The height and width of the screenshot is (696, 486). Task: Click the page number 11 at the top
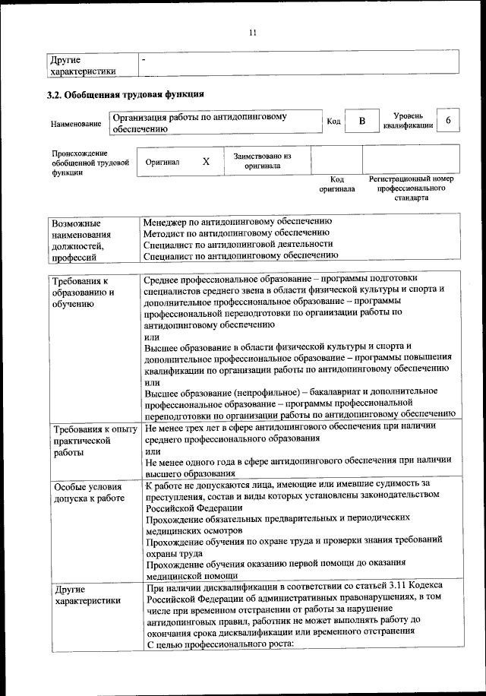(x=253, y=32)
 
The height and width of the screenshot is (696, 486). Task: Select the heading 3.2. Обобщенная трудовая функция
(x=125, y=95)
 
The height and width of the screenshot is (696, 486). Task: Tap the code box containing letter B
(x=362, y=122)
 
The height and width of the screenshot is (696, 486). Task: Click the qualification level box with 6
(x=449, y=122)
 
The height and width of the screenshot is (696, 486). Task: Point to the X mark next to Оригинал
(x=206, y=162)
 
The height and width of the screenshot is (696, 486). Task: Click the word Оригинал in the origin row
(x=163, y=162)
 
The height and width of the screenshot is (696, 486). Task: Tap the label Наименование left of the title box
(x=76, y=123)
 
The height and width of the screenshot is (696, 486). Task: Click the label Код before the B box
(x=333, y=122)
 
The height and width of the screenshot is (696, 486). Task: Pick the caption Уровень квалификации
(x=408, y=121)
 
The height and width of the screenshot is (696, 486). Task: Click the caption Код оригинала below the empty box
(x=336, y=184)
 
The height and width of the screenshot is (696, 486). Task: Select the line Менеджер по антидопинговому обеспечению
(x=238, y=221)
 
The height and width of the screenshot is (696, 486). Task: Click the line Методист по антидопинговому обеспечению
(x=236, y=233)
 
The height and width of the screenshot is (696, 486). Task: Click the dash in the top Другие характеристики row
(x=144, y=59)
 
